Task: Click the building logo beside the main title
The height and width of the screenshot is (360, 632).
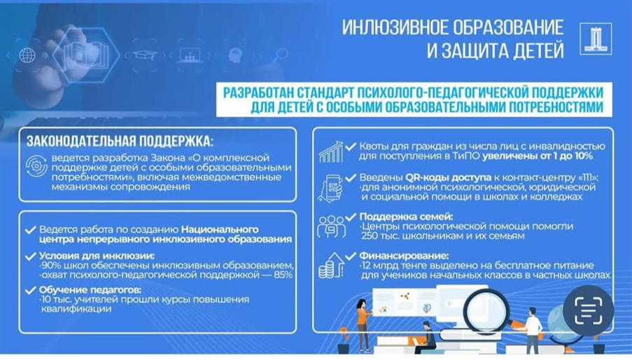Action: pos(596,39)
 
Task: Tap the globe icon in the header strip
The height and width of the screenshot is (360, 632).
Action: pos(27,55)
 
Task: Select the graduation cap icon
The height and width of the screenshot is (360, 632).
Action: pos(145,55)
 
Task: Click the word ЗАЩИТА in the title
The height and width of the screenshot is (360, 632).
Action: pos(479,51)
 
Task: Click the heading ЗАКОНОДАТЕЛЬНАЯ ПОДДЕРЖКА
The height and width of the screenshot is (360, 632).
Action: pos(120,141)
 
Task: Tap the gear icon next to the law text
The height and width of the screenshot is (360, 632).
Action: pos(36,166)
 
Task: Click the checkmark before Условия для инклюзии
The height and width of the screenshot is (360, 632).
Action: pos(30,256)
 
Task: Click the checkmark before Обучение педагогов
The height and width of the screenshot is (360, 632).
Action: pos(30,290)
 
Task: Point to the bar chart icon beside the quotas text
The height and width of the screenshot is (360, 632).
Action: pos(331,152)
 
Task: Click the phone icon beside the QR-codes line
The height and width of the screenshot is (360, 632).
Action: pos(330,188)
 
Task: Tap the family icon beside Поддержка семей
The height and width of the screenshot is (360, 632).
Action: pos(331,226)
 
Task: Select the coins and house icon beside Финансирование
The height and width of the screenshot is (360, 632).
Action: pos(331,265)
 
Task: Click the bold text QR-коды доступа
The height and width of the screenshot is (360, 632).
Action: pos(448,177)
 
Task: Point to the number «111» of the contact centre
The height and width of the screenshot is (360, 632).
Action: pos(585,177)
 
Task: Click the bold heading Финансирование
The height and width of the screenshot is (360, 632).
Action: pos(404,256)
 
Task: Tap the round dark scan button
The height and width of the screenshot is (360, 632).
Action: pos(589,310)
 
